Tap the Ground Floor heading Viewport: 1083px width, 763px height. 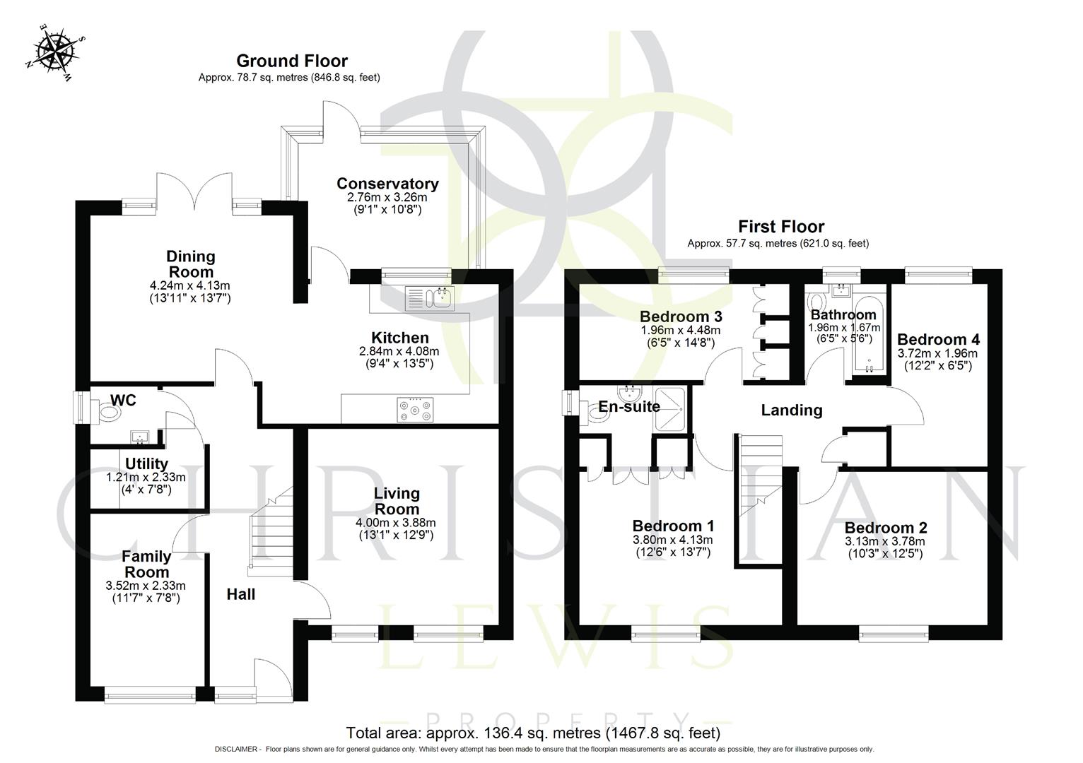pos(291,61)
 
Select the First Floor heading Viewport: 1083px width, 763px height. pos(780,227)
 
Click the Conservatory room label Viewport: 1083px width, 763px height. pos(387,184)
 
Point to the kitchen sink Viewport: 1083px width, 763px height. pos(430,298)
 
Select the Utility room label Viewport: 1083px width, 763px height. pos(146,463)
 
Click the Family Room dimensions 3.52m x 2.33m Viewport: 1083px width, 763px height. pos(146,586)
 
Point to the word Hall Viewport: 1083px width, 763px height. pos(240,595)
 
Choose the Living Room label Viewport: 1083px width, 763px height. pos(397,501)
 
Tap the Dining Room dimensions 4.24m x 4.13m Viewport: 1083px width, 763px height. pos(190,286)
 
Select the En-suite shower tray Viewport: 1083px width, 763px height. pos(671,408)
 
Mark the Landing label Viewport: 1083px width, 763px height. pos(791,410)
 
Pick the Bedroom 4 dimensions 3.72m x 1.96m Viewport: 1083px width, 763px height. pos(937,353)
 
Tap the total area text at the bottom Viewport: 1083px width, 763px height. pos(533,733)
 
